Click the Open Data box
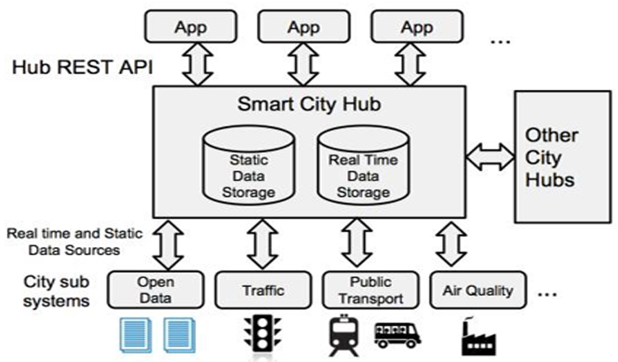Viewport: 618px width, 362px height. (x=155, y=289)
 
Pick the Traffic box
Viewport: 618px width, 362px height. (x=263, y=289)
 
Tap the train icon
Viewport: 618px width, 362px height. (x=342, y=333)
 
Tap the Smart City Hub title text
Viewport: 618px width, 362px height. (x=309, y=103)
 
